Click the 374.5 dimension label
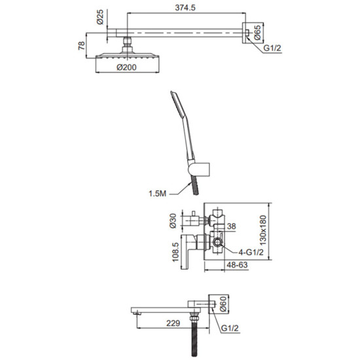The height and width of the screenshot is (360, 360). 185,8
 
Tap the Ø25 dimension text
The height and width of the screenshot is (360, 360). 100,17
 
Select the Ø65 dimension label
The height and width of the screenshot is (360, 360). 258,32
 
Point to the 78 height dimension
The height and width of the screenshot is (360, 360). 82,46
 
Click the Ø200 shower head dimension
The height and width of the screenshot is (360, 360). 126,67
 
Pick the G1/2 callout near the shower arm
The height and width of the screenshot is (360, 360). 272,48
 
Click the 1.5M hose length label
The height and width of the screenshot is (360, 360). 157,194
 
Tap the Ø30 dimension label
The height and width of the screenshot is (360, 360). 173,221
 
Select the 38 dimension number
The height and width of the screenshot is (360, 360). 232,226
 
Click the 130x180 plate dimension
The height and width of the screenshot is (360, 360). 263,230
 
